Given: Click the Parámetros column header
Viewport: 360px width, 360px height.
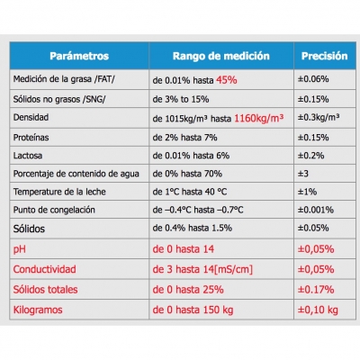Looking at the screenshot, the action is [79, 56].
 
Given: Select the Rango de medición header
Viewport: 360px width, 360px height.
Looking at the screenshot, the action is [221, 56].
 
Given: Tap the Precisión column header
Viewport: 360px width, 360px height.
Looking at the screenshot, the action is [325, 56].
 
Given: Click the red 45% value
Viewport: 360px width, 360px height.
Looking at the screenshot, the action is [227, 80].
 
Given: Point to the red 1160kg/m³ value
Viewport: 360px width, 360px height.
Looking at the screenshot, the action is [258, 118].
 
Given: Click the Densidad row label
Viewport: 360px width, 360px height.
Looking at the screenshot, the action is [31, 117].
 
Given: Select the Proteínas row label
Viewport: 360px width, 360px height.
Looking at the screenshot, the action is [31, 138].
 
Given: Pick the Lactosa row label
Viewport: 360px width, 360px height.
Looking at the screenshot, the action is [28, 156].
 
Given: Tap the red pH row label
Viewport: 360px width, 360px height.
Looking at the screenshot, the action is [20, 249].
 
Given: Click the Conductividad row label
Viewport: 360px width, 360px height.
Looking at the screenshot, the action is [44, 269].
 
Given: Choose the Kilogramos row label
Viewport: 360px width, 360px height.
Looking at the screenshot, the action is [38, 310].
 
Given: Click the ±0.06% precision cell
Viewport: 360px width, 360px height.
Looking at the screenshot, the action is [313, 79].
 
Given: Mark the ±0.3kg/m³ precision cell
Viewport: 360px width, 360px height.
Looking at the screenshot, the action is [319, 117].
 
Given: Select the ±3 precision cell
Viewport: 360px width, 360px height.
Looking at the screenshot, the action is [303, 174].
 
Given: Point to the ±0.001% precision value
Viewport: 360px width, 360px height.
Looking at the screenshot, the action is [316, 210].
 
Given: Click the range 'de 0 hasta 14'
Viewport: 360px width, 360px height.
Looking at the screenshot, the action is [184, 249].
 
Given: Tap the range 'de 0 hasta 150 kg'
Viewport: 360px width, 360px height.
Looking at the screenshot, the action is [193, 310].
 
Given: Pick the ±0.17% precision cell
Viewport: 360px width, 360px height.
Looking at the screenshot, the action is [316, 290].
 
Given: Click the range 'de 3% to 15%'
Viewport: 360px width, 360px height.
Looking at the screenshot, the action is [181, 99].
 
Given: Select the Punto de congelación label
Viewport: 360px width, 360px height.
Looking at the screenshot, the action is [54, 210].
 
